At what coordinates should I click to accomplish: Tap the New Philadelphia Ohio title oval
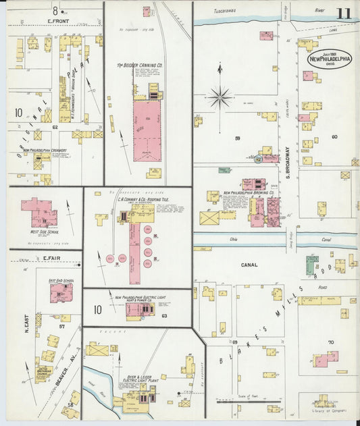coord(330,59)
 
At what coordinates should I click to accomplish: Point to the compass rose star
coord(220,99)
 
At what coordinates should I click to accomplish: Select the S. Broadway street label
coord(288,162)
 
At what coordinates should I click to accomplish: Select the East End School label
coord(61,279)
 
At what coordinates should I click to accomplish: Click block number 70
coord(331,342)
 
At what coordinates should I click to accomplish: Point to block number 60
coord(334,137)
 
